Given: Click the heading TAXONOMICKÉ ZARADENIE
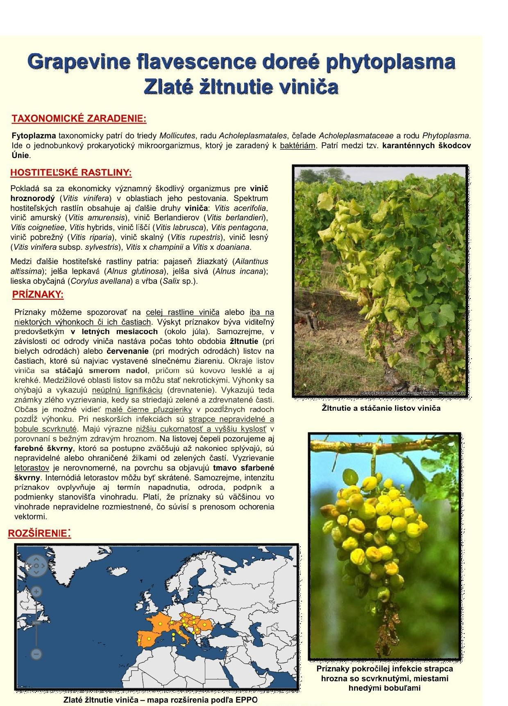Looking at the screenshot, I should [x=79, y=119].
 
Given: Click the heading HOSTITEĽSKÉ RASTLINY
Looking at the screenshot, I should [x=71, y=172].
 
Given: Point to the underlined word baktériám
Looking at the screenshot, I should [x=298, y=146].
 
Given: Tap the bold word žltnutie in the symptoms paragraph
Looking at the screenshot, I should [x=244, y=341].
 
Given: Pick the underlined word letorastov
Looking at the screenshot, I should [x=32, y=468].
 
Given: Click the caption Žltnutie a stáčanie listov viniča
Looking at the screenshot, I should [x=381, y=408].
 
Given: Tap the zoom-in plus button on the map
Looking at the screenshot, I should [x=36, y=592].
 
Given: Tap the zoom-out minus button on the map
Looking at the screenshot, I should [x=36, y=654].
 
